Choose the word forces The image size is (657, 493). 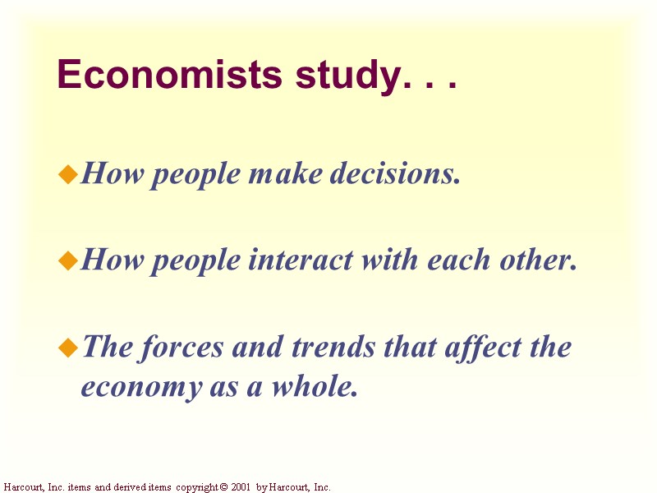click(186, 348)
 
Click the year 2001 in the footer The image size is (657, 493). click(241, 487)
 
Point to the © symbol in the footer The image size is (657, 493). click(223, 487)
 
